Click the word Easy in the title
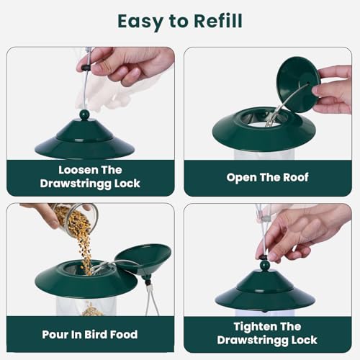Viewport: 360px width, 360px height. click(x=143, y=22)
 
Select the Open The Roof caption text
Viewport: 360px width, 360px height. click(x=267, y=177)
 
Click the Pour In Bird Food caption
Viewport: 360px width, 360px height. click(x=90, y=334)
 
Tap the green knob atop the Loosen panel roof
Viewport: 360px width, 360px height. click(x=84, y=114)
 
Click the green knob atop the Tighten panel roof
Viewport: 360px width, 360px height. click(x=265, y=265)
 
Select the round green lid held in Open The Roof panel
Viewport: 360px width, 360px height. click(x=297, y=84)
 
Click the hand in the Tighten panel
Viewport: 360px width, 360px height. click(x=295, y=230)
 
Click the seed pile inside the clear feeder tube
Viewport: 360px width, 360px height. click(x=91, y=310)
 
